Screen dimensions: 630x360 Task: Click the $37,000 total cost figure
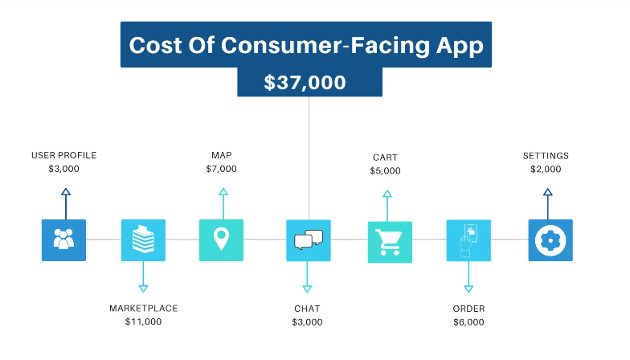pyautogui.click(x=305, y=82)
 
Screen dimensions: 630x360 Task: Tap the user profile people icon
pyautogui.click(x=64, y=239)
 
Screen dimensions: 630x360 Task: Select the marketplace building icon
pyautogui.click(x=143, y=239)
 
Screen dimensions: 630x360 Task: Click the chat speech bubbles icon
pyautogui.click(x=309, y=240)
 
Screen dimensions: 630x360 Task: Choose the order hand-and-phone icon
pyautogui.click(x=468, y=240)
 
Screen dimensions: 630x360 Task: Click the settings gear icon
pyautogui.click(x=550, y=239)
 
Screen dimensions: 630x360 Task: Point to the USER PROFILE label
pyautogui.click(x=64, y=156)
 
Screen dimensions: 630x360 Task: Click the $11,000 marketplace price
pyautogui.click(x=143, y=321)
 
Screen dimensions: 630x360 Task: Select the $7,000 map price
pyautogui.click(x=222, y=169)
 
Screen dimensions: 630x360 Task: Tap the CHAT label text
pyautogui.click(x=307, y=309)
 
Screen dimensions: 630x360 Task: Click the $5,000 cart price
pyautogui.click(x=386, y=170)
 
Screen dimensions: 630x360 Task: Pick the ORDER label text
pyautogui.click(x=469, y=309)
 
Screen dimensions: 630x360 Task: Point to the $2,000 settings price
pyautogui.click(x=546, y=169)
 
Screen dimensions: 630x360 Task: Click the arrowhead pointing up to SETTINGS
pyautogui.click(x=548, y=192)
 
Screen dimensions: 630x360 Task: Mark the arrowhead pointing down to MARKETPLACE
pyautogui.click(x=143, y=288)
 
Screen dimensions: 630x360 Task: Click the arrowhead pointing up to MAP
pyautogui.click(x=223, y=191)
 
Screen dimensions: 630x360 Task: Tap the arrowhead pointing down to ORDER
pyautogui.click(x=468, y=289)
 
